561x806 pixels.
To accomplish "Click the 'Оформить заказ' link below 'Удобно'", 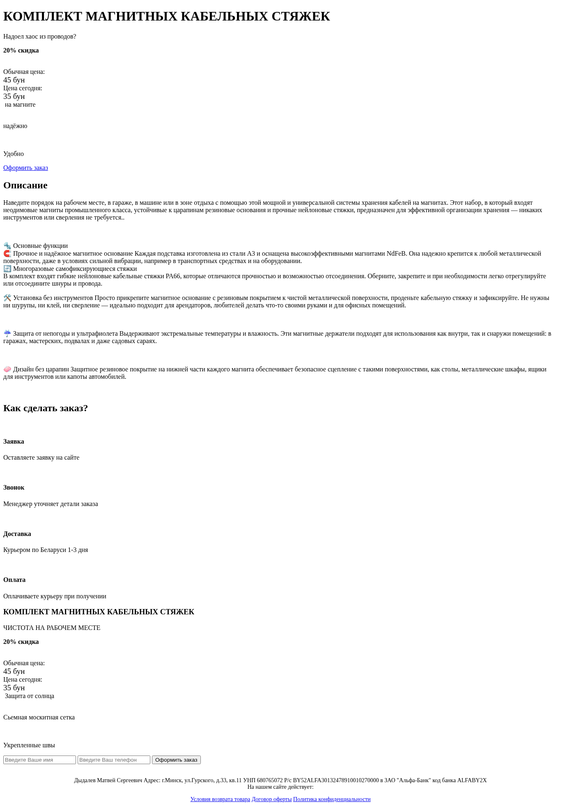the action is click(25, 168).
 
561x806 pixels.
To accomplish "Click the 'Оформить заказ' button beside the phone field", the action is click(176, 760).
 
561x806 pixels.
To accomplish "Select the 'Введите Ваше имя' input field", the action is click(39, 760).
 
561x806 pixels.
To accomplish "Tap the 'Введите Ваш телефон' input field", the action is click(114, 760).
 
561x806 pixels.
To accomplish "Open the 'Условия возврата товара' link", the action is click(220, 799).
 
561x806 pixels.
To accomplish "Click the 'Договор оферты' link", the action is click(271, 799).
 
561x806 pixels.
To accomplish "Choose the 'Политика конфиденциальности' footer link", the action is click(332, 799).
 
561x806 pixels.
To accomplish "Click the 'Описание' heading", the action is click(25, 185).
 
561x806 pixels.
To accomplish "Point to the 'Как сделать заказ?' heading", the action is click(46, 408).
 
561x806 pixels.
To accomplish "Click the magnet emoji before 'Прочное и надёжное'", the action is click(7, 254).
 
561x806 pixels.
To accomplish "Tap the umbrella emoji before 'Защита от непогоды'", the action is click(7, 334).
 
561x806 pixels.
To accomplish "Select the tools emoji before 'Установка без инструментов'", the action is click(7, 298).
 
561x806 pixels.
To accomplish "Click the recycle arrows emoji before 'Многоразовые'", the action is click(7, 269).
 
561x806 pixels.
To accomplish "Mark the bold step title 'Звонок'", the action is click(14, 488).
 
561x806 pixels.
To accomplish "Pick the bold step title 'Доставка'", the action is click(17, 534).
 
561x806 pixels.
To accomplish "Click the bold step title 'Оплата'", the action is click(14, 580).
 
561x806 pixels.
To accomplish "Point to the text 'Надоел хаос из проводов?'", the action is click(40, 37).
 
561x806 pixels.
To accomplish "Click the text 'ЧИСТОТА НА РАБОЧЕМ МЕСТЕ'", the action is click(52, 628).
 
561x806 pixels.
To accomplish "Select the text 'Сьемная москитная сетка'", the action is click(39, 717).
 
